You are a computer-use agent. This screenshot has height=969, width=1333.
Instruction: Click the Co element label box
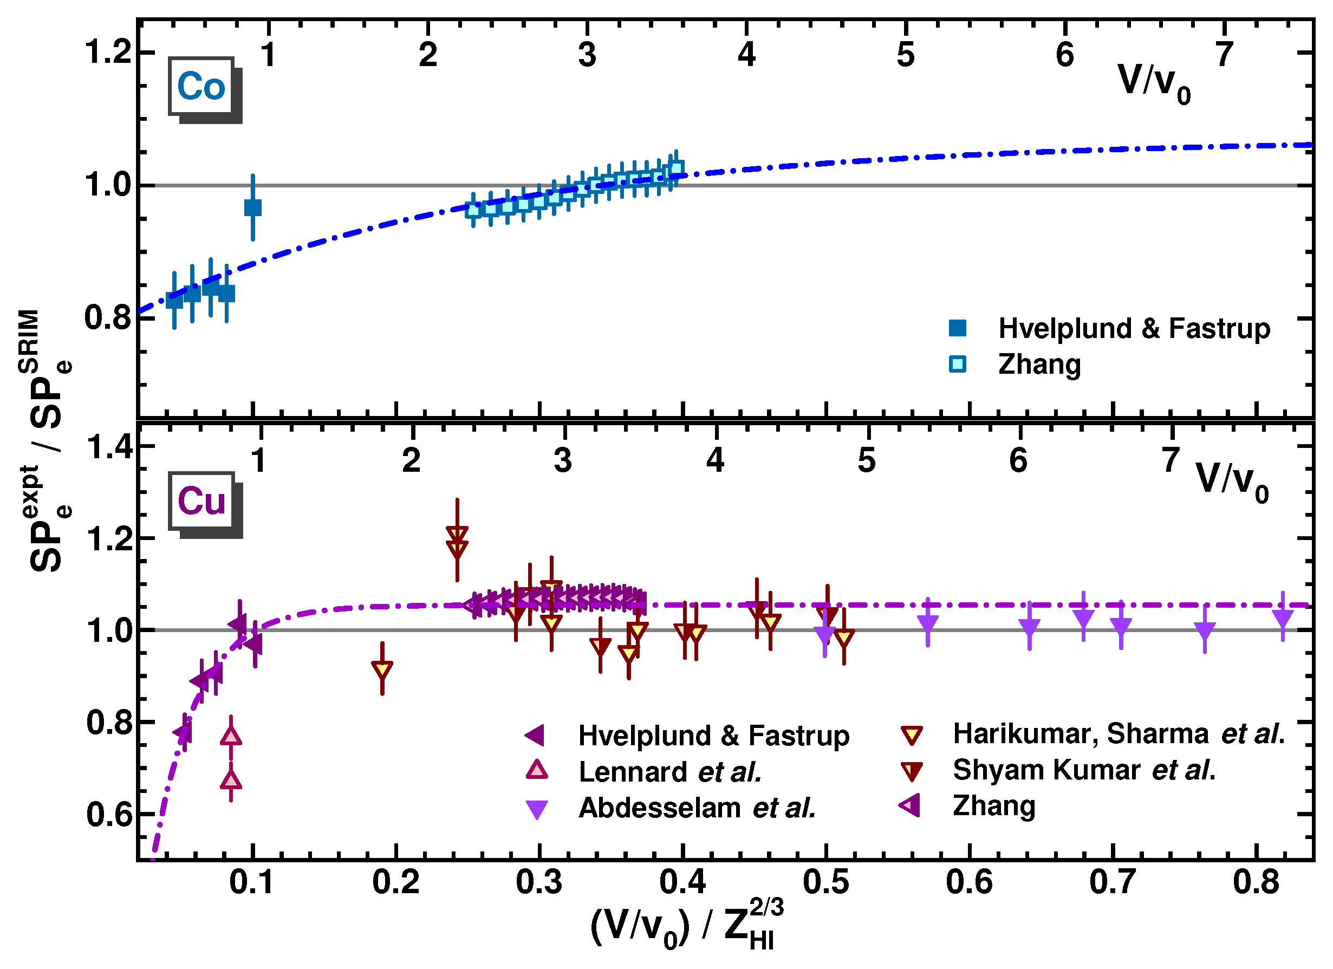click(x=201, y=87)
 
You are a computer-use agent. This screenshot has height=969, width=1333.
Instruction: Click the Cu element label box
click(x=201, y=501)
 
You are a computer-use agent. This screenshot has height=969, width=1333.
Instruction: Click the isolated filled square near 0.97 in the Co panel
click(x=253, y=208)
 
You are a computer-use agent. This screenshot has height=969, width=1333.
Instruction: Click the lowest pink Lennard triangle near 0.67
click(x=231, y=781)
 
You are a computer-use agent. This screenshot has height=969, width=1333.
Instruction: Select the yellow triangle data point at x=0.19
click(x=382, y=669)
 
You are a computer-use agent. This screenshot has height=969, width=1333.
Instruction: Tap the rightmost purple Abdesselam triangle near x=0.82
click(x=1283, y=619)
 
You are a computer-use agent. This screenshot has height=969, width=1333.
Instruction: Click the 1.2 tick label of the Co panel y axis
click(x=108, y=51)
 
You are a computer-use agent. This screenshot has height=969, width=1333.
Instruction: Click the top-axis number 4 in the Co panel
click(x=746, y=55)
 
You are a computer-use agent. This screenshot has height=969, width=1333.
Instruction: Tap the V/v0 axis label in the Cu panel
click(x=1232, y=480)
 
